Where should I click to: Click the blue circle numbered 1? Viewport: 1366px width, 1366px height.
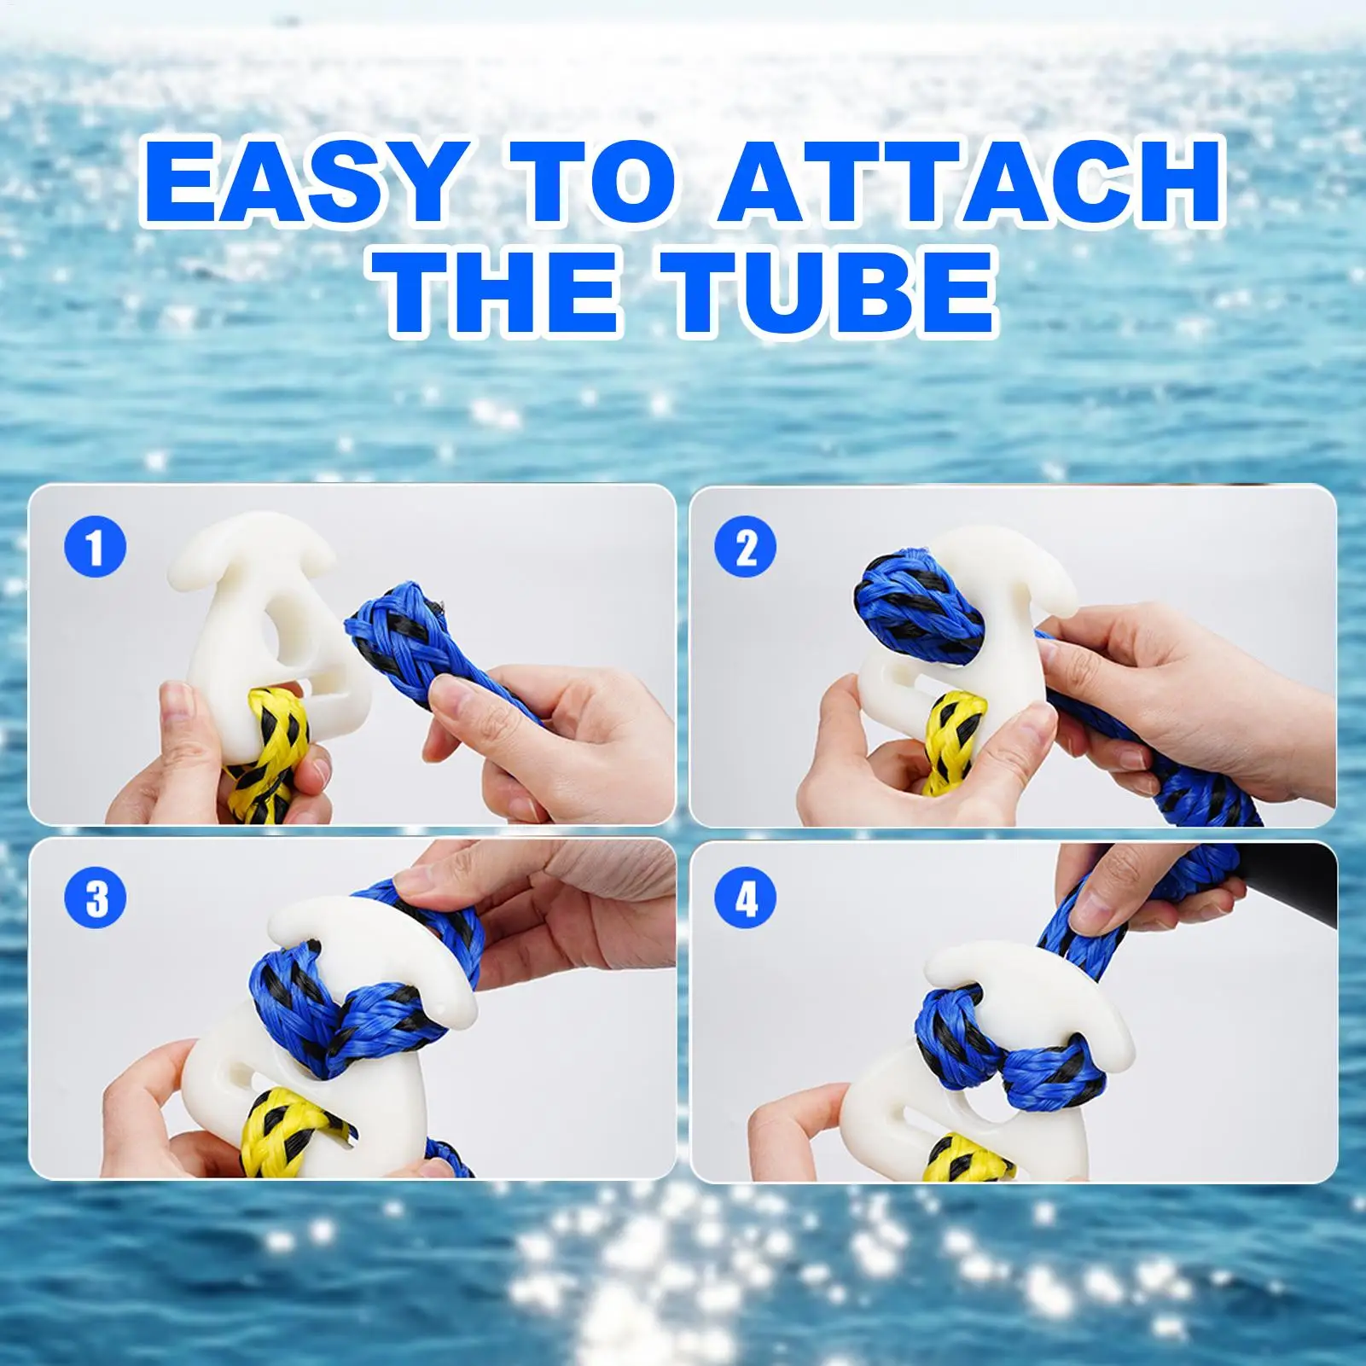pyautogui.click(x=96, y=546)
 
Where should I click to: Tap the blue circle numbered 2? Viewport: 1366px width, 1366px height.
pyautogui.click(x=746, y=546)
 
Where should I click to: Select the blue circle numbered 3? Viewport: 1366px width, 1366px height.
pyautogui.click(x=96, y=898)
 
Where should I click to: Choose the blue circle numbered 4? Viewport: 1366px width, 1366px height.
pyautogui.click(x=746, y=898)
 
